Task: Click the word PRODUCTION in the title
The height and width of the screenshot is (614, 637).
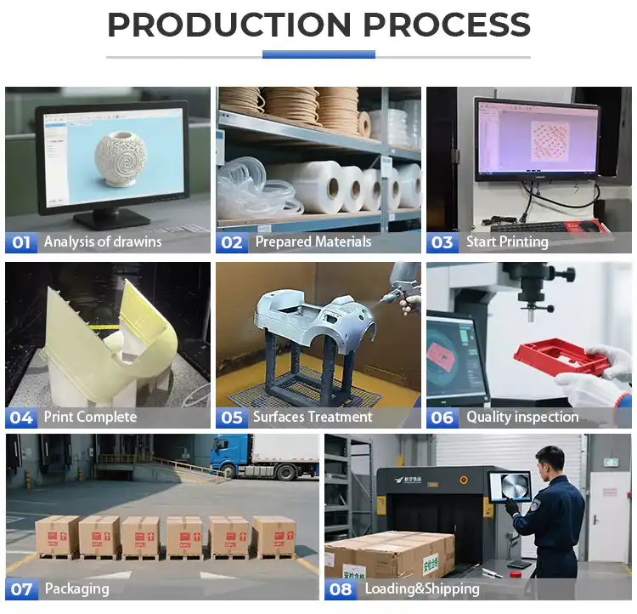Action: coord(228,26)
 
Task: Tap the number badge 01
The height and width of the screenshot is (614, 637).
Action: coord(21,242)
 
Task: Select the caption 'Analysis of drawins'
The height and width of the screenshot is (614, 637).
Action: coord(103,242)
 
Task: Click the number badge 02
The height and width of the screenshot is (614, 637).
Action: coord(232,242)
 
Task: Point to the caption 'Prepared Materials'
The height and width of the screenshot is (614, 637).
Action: coord(313,242)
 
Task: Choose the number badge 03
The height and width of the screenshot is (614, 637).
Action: coord(443,242)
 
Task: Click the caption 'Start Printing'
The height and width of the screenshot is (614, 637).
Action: coord(507,242)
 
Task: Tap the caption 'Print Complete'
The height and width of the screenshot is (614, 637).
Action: coord(89,418)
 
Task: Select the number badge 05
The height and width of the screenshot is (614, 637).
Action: coord(232,418)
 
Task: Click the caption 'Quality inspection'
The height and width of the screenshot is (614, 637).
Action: coord(522,418)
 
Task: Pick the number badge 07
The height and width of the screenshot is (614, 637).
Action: coord(21,588)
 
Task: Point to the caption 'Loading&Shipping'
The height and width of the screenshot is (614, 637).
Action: coord(422,588)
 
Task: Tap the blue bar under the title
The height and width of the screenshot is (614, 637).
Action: coord(318,55)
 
